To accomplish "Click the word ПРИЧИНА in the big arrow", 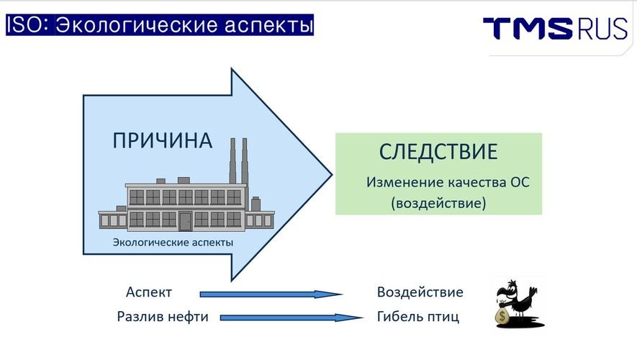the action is tap(163, 140).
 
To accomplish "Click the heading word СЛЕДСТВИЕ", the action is tap(438, 152).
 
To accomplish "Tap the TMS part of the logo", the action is tap(528, 29).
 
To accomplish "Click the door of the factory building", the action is tap(185, 221).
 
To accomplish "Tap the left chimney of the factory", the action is tap(232, 161).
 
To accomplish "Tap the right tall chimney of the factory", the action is tap(245, 161).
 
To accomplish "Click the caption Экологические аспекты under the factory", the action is tap(173, 243).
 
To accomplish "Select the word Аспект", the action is tap(149, 292).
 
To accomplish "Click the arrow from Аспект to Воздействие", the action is tap(271, 294).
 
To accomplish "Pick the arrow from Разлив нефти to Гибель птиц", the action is tap(292, 318).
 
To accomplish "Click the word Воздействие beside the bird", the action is tap(420, 292).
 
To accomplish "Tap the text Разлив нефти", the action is tap(163, 317).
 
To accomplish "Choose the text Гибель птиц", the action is tap(418, 317).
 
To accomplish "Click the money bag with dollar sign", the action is tap(503, 315).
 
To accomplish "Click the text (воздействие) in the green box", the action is tap(438, 203).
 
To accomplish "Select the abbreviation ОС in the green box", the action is tap(520, 182).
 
